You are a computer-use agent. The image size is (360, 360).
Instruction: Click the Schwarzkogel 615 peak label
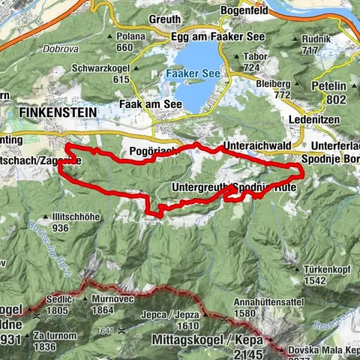101,73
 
